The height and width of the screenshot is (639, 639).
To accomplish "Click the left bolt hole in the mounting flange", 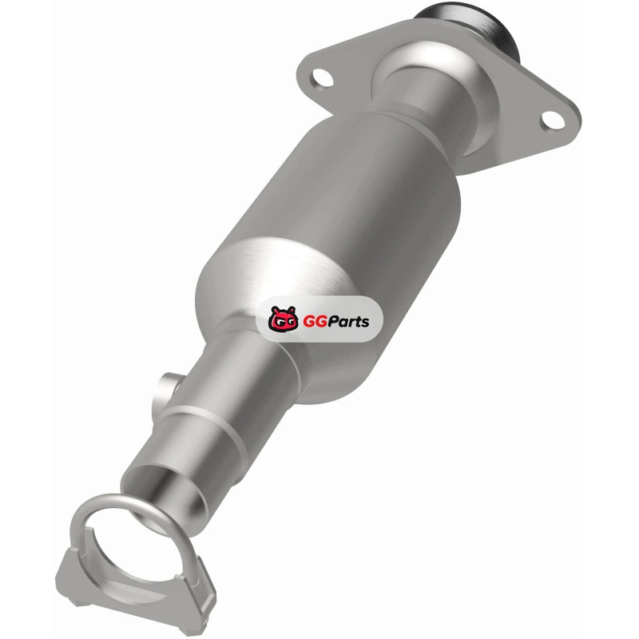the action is click(323, 77).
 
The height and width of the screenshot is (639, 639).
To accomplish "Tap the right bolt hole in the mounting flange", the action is click(553, 119).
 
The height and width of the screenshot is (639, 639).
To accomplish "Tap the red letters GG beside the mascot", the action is click(311, 321).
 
